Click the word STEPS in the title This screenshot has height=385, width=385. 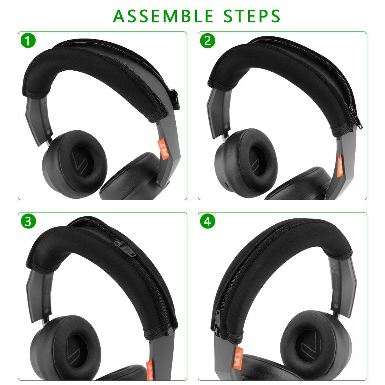point(252,16)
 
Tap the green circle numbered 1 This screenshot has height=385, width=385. point(28,41)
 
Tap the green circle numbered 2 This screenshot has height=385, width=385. point(208,41)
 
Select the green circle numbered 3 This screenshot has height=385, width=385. point(28,221)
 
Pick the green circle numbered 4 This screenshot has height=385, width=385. point(208,221)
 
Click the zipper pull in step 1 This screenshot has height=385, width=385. point(175,99)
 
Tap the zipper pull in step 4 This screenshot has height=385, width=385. point(217,323)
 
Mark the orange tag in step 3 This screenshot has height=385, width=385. point(150,370)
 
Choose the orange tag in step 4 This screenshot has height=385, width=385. point(238,357)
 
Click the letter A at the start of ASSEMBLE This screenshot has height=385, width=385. point(119,16)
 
